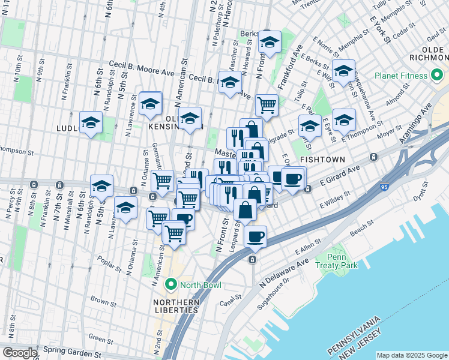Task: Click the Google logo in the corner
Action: [20, 352]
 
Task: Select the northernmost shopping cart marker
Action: [267, 105]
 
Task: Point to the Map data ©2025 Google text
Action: [412, 355]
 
